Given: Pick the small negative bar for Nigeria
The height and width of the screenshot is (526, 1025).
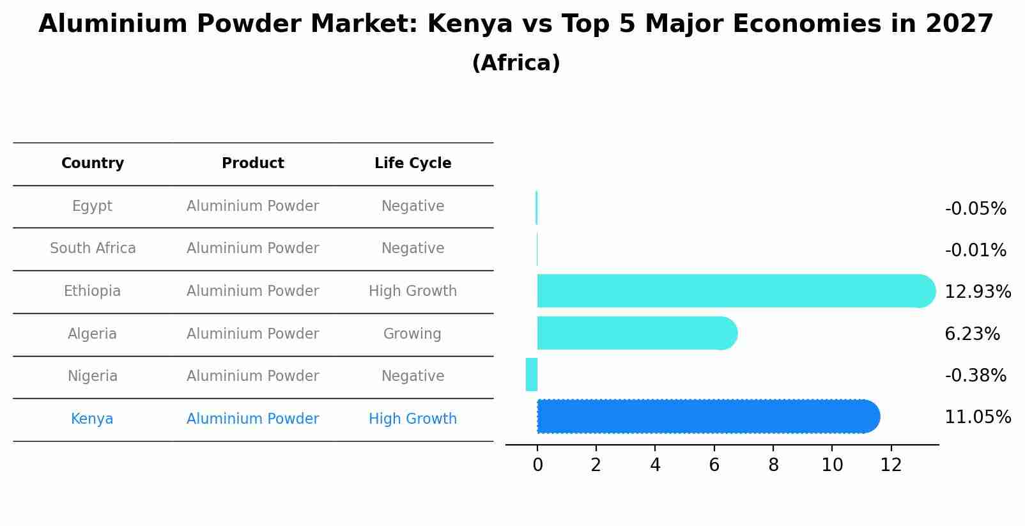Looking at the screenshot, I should [x=532, y=375].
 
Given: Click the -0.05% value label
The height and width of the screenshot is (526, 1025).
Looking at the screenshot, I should [x=975, y=209].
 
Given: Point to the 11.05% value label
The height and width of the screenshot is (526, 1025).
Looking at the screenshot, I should [x=977, y=417].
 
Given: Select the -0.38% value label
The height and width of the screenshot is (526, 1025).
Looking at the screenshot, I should [x=975, y=375].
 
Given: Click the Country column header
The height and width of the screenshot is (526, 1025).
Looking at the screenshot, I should [x=93, y=164].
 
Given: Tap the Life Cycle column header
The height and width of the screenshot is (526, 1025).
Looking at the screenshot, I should [x=413, y=164].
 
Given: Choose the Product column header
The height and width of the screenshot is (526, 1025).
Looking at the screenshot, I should [x=253, y=164].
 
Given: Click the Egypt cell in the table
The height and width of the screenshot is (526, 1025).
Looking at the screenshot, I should [x=92, y=206].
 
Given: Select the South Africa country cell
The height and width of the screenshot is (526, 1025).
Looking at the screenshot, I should [x=93, y=249].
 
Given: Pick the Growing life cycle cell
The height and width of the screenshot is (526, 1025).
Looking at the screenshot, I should [x=412, y=334].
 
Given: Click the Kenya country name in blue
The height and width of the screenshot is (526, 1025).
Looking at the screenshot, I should [x=92, y=419].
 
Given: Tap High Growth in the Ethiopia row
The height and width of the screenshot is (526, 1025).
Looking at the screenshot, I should [x=413, y=291].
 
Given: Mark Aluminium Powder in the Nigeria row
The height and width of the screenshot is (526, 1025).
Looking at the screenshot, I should [x=253, y=376].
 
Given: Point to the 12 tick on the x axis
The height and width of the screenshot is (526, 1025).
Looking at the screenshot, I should [x=891, y=465].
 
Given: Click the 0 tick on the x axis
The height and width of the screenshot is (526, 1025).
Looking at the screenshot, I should [x=537, y=465].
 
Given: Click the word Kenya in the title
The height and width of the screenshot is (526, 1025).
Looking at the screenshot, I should [x=470, y=24].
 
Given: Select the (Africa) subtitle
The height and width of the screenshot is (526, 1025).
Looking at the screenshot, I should [x=516, y=63].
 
